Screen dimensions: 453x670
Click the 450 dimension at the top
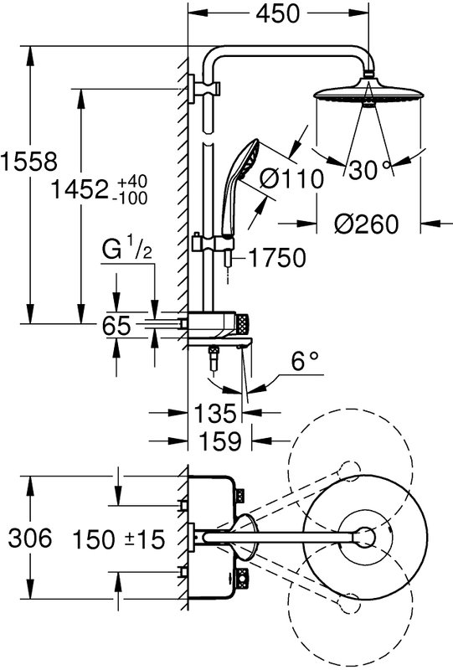278,13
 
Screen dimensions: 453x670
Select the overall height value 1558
28,162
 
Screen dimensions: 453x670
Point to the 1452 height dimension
79,189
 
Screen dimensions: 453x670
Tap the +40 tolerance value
132,181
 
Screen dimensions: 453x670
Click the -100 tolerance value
132,198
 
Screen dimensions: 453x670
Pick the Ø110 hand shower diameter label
292,178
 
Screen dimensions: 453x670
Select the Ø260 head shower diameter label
366,224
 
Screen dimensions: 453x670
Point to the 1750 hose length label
277,258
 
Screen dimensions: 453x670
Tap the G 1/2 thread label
127,250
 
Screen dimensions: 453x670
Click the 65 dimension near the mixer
116,326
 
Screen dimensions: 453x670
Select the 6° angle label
305,361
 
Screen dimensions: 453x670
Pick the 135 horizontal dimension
215,413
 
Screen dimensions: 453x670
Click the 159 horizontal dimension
220,441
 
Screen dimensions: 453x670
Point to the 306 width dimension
30,538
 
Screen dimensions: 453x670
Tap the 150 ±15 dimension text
119,539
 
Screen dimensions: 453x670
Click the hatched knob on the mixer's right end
241,323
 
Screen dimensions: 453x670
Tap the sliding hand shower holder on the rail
214,245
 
